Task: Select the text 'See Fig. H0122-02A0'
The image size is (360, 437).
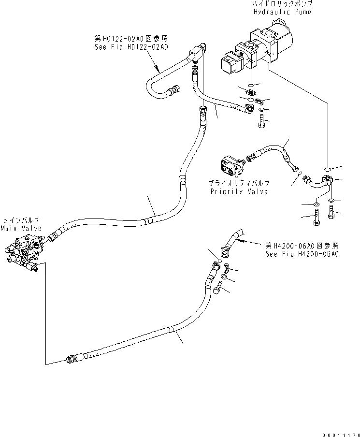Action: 131,47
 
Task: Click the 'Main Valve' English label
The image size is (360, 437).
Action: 21,228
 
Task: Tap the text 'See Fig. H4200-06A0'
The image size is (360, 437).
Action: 302,253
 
